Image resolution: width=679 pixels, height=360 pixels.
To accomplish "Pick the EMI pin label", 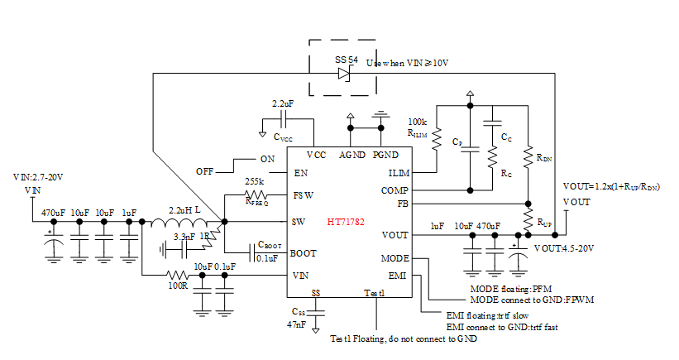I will (x=399, y=274).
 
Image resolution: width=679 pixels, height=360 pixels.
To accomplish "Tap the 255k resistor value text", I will (x=254, y=181).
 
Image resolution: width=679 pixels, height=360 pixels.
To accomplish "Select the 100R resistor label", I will (x=176, y=286).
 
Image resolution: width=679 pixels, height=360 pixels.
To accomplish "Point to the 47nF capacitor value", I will (x=298, y=326).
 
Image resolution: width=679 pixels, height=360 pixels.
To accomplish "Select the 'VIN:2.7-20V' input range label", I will (x=38, y=178).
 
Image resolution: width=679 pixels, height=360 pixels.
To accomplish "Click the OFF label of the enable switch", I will (x=205, y=170).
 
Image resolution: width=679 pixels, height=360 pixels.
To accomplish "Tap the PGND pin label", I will (x=385, y=156).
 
